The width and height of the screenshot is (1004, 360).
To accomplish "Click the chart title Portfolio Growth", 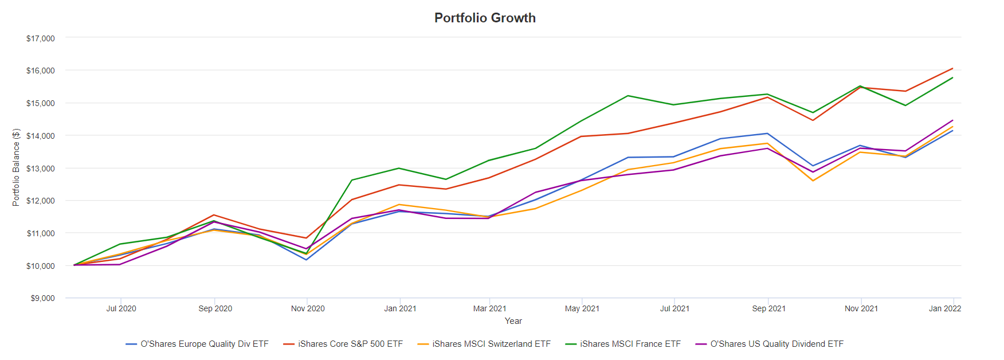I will tap(485, 18).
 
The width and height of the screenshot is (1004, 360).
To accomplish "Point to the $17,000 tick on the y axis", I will tap(41, 38).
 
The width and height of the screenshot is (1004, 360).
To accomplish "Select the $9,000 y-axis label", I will tap(43, 298).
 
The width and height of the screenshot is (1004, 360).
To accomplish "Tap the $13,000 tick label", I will tap(41, 169).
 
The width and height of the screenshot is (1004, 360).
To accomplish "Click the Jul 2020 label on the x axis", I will tap(121, 308).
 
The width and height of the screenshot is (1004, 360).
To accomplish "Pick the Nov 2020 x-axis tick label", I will tap(308, 308).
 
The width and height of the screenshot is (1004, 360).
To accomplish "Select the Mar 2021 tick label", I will tap(489, 308).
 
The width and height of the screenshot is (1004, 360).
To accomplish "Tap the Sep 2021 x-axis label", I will tap(768, 308).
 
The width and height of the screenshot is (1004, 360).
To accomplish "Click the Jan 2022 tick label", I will tap(944, 308).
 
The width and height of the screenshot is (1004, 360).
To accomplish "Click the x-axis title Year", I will tap(513, 321).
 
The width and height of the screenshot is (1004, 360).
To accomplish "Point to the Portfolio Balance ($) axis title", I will tap(16, 167).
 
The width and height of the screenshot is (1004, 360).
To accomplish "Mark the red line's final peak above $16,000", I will tap(952, 68).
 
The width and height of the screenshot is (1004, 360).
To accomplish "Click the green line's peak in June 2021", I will tap(628, 96).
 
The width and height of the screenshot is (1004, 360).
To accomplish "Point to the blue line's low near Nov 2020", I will tap(307, 260).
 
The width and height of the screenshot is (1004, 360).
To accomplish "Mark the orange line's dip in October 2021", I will tap(813, 181).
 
